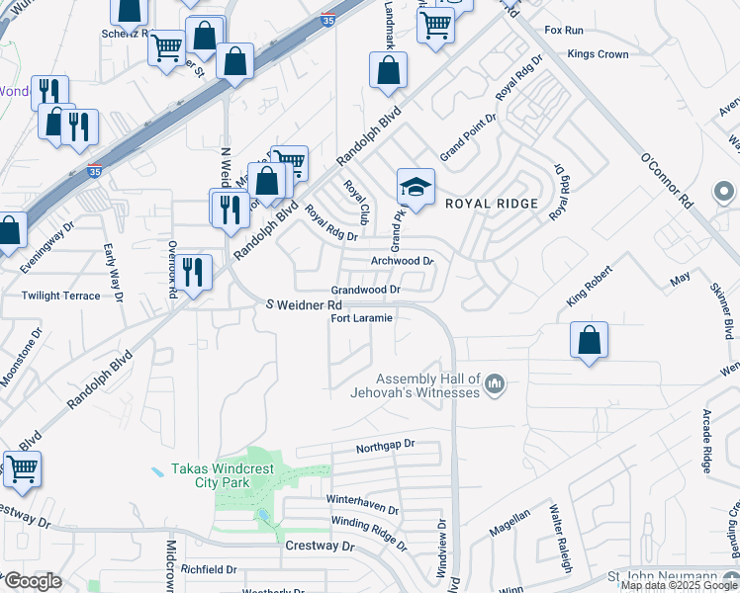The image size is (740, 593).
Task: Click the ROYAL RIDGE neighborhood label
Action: pos(492,204)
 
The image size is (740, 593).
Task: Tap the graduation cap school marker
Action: pos(416,187)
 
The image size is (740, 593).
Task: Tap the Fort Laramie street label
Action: pos(362,318)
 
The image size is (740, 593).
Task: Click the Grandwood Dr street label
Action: pos(365,290)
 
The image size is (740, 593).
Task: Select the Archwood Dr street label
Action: pos(402,261)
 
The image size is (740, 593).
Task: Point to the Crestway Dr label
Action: pos(319,546)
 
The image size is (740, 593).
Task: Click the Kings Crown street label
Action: pos(599,54)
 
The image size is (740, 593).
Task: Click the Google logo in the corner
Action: pos(33,581)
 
